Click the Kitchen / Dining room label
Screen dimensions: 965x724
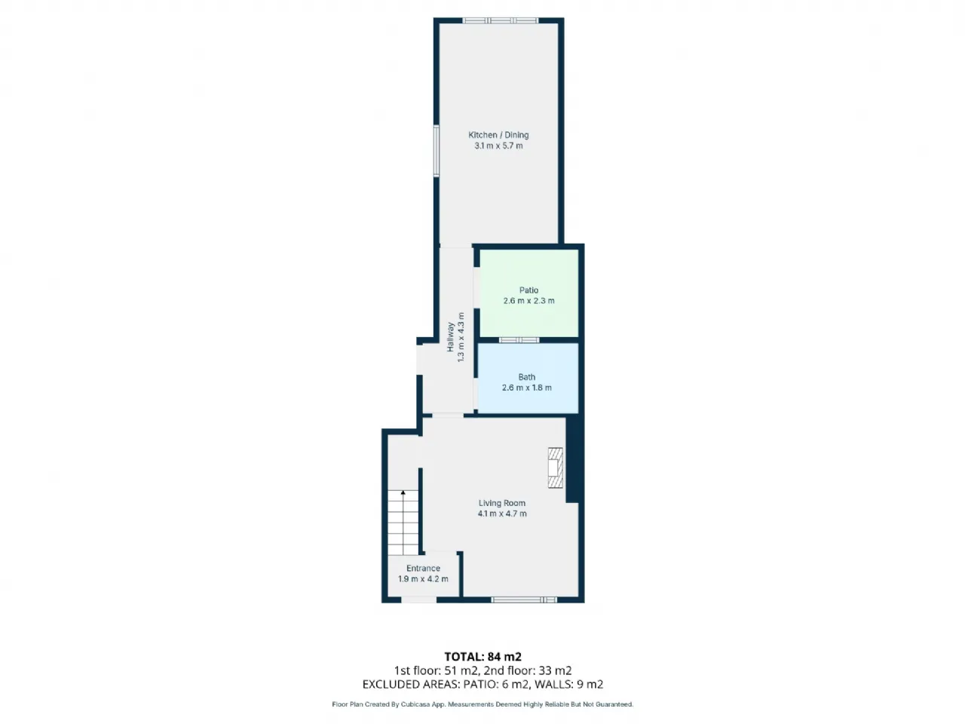[498, 135]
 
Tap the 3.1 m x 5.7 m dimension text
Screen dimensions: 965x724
[498, 146]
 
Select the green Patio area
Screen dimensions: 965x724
[528, 293]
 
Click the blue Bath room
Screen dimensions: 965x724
[528, 379]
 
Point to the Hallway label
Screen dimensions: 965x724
[450, 337]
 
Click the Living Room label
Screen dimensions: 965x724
[501, 503]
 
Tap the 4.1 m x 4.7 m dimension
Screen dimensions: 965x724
[502, 514]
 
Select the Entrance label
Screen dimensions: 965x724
[423, 568]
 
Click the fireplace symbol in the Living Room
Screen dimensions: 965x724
[556, 468]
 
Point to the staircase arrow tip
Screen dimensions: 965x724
[403, 491]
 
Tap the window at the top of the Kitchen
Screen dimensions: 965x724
[501, 20]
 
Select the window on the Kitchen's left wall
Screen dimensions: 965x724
[437, 151]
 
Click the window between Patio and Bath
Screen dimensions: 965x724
[519, 340]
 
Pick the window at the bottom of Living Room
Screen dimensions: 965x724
[524, 600]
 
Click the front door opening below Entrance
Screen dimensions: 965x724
[418, 600]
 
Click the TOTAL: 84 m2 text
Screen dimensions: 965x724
[482, 657]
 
